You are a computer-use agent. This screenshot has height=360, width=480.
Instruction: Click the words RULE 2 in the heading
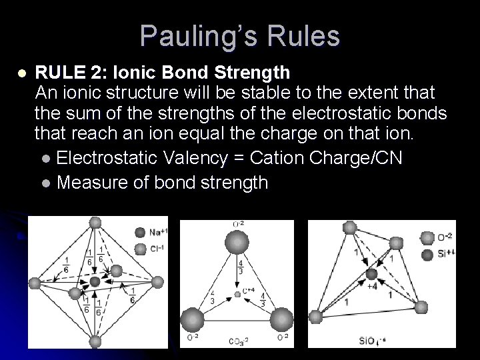coord(63,71)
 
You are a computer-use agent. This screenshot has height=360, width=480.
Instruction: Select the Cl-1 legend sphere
coord(140,249)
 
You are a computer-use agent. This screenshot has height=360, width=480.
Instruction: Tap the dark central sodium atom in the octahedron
coord(95,281)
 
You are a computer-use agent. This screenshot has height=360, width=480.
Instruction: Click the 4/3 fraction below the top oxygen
coord(240,267)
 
